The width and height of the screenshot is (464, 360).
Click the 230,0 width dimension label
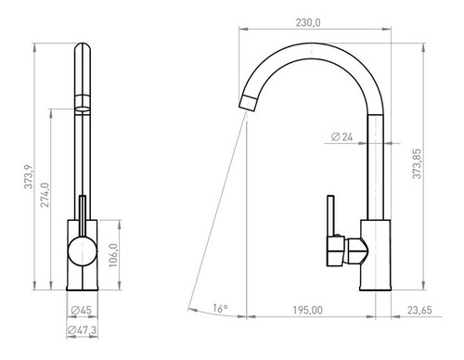[x=308, y=22]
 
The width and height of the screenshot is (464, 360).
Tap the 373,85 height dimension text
[x=417, y=163]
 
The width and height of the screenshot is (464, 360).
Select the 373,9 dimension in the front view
[x=29, y=176]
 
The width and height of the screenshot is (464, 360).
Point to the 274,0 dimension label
[x=45, y=195]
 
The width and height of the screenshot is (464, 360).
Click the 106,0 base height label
[x=113, y=255]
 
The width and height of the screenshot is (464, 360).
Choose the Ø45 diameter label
[x=82, y=310]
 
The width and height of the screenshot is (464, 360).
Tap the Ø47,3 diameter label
[x=82, y=330]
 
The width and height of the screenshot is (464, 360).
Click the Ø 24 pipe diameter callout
[x=342, y=136]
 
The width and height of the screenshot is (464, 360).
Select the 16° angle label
[x=220, y=308]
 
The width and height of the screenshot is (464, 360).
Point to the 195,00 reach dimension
[x=308, y=310]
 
